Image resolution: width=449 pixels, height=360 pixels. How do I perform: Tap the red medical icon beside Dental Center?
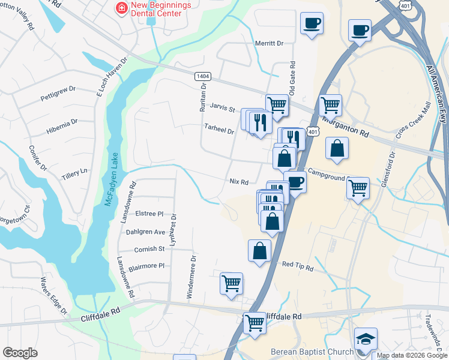pyautogui.click(x=121, y=8)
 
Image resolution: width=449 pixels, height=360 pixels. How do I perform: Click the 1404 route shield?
pyautogui.click(x=203, y=76)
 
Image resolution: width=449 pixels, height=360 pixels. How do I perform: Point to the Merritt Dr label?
pyautogui.click(x=268, y=43)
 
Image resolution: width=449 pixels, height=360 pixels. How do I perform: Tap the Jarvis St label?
pyautogui.click(x=222, y=107)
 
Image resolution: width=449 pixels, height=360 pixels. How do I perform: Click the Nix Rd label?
pyautogui.click(x=239, y=181)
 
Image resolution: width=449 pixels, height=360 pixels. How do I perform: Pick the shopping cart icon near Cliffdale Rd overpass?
pyautogui.click(x=255, y=323)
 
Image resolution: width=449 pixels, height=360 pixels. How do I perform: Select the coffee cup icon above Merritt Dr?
pyautogui.click(x=312, y=24)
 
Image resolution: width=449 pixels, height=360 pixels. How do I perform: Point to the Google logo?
pyautogui.click(x=20, y=353)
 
